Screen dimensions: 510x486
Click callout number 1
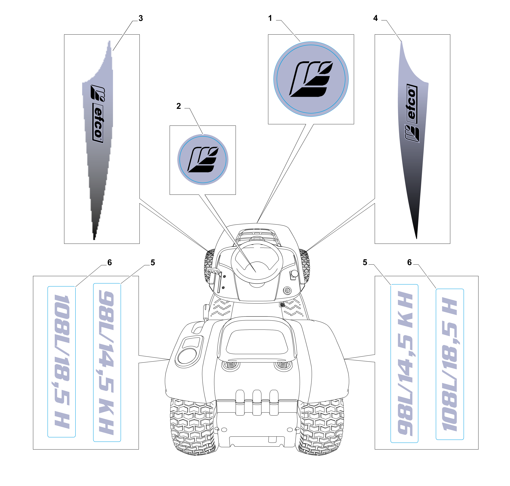pyautogui.click(x=270, y=18)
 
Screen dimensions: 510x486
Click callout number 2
pyautogui.click(x=178, y=106)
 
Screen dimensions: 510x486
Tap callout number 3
pyautogui.click(x=141, y=18)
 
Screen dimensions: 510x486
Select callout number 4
pyautogui.click(x=375, y=18)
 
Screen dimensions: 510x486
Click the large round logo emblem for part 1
pyautogui.click(x=311, y=79)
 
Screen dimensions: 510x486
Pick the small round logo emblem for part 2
pyautogui.click(x=203, y=160)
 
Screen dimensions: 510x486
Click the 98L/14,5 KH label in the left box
pyautogui.click(x=107, y=363)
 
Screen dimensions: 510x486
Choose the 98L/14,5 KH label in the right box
pyautogui.click(x=404, y=363)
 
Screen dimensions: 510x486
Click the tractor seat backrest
pyautogui.click(x=256, y=339)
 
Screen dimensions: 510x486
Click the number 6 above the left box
pyautogui.click(x=109, y=263)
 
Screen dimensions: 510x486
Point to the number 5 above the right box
pyautogui.click(x=365, y=262)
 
